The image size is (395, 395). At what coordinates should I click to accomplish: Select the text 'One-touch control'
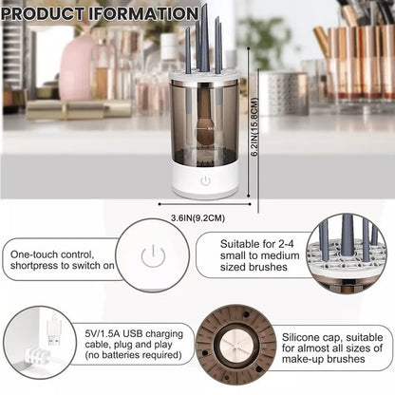(53, 255)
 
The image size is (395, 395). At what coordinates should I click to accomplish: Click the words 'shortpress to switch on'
(63, 268)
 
